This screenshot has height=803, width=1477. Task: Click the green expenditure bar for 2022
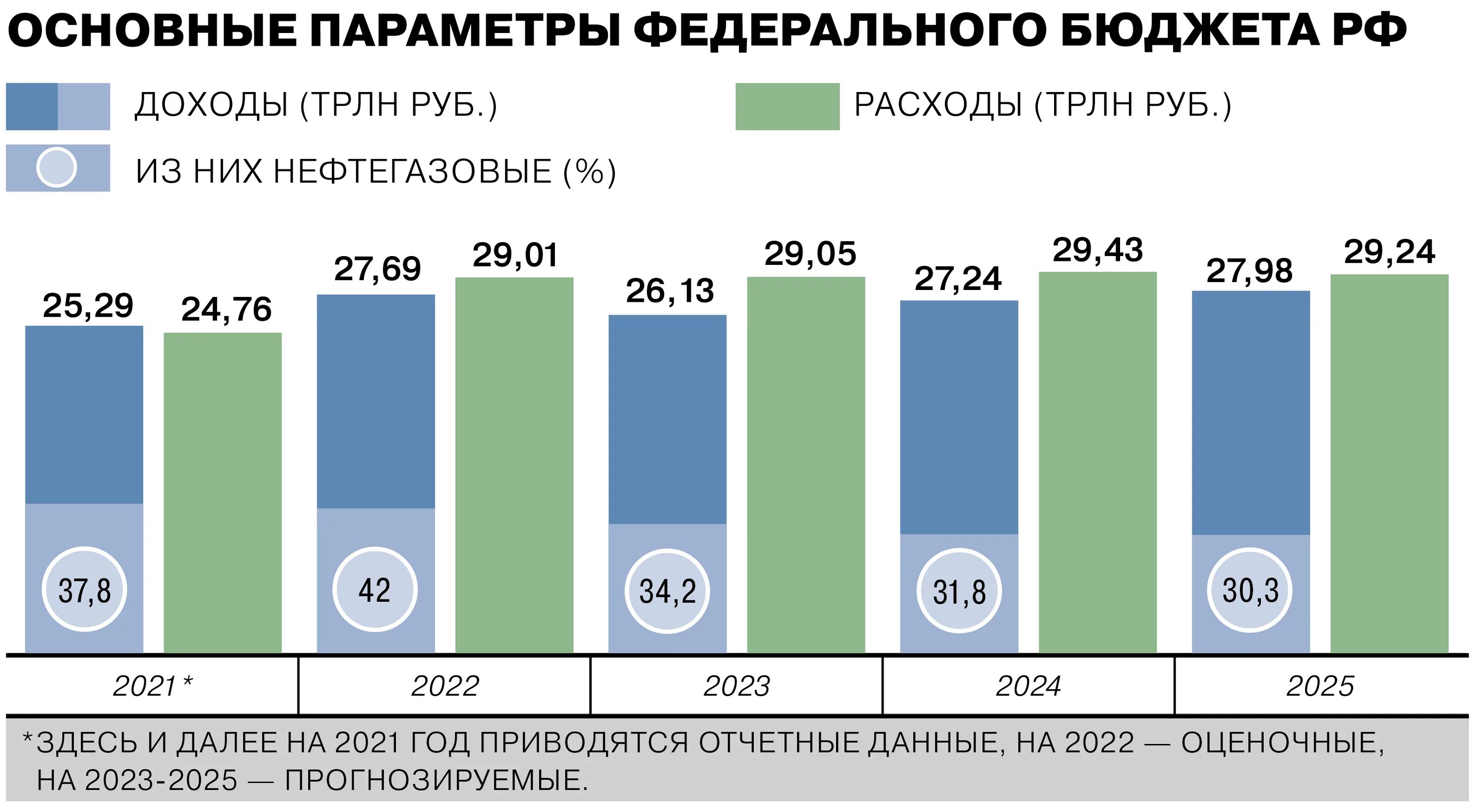514,465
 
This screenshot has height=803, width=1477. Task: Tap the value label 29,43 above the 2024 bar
1097,251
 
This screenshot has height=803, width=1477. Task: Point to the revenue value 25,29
88,306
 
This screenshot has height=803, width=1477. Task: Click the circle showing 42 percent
375,590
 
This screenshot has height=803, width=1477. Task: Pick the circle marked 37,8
84,590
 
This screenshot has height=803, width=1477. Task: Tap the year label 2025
1320,686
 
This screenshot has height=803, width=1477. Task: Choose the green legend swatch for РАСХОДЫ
787,107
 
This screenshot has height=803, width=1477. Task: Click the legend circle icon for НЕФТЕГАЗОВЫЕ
56,167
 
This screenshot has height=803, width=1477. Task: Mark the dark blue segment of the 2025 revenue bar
1251,413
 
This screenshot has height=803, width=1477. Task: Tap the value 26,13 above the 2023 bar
670,291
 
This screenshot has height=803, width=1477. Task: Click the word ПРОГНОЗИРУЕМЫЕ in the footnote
436,780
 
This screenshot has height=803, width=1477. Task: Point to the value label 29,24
1389,253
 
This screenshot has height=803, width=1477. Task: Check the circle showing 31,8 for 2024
959,591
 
